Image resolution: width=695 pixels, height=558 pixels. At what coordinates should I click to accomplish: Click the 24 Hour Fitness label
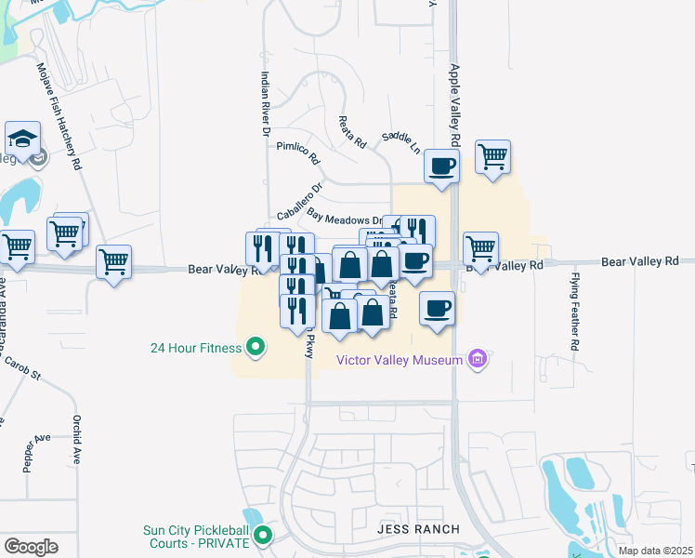point(195,349)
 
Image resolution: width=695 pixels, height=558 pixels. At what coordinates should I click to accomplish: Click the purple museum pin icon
point(479,358)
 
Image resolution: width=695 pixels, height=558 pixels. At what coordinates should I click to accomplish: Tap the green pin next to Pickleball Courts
point(263,535)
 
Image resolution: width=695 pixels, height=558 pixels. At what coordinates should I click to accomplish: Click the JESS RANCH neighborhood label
point(418,529)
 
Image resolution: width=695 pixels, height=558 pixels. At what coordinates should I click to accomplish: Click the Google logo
point(31,547)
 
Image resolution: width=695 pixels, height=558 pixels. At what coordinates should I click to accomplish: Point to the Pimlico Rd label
point(297,152)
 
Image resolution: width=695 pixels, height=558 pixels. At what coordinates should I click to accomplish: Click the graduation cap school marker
point(21,139)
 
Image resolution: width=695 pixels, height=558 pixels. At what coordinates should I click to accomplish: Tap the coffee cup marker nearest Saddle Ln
point(440,166)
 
